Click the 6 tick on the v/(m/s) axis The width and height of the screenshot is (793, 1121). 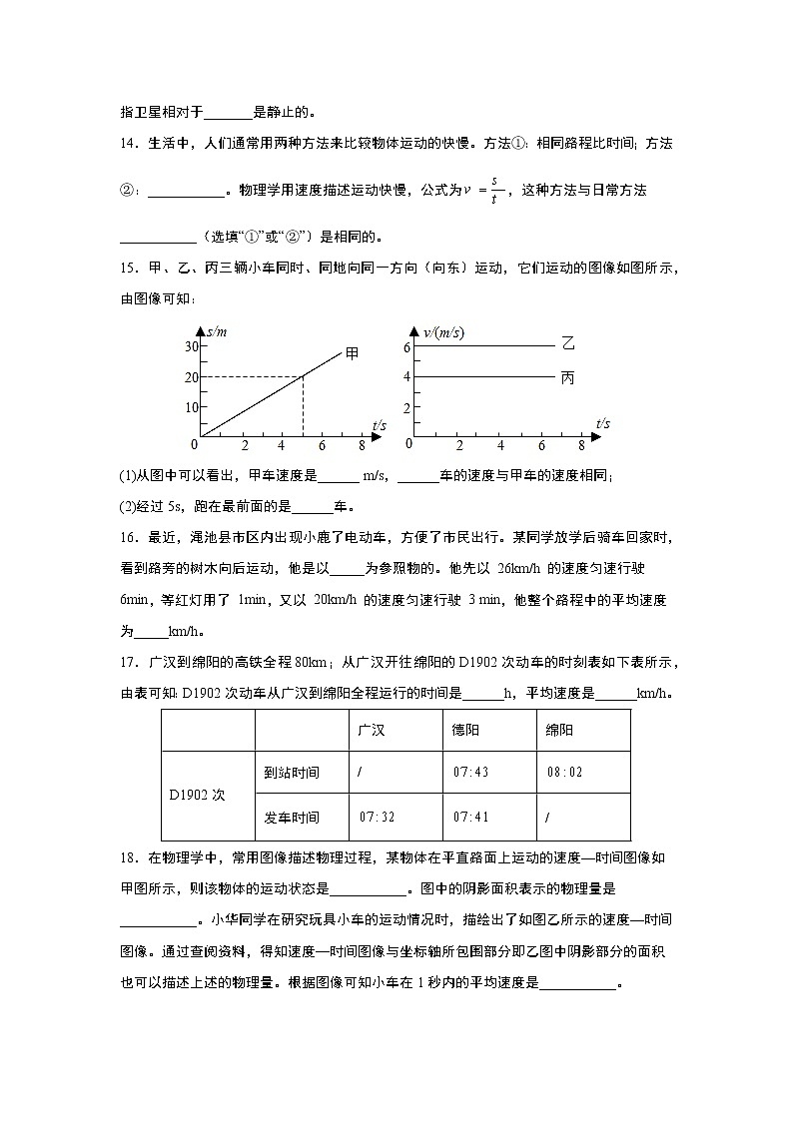pos(406,346)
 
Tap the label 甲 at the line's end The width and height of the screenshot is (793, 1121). pos(352,352)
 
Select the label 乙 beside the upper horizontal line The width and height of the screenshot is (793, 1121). pos(568,344)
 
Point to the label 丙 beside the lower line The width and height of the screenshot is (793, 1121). pos(568,377)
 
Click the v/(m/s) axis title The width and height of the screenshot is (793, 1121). pos(444,331)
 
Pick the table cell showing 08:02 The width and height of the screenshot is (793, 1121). pos(564,773)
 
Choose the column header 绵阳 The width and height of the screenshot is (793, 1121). pos(559,730)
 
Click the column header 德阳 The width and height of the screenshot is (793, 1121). pos(465,730)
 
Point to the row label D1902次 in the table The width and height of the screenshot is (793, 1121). pos(197,796)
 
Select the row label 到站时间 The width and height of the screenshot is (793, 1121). pos(292,773)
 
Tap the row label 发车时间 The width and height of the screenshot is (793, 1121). pos(292,818)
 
